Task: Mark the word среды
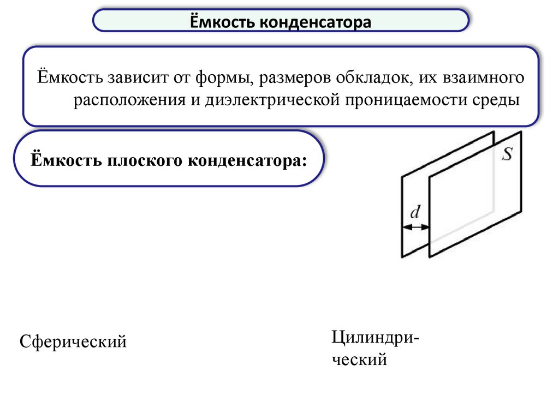coord(496,101)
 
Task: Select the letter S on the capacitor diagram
coord(507,154)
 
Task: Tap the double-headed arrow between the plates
coord(416,226)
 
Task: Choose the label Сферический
coord(73,342)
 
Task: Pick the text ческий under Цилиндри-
coord(359,360)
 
